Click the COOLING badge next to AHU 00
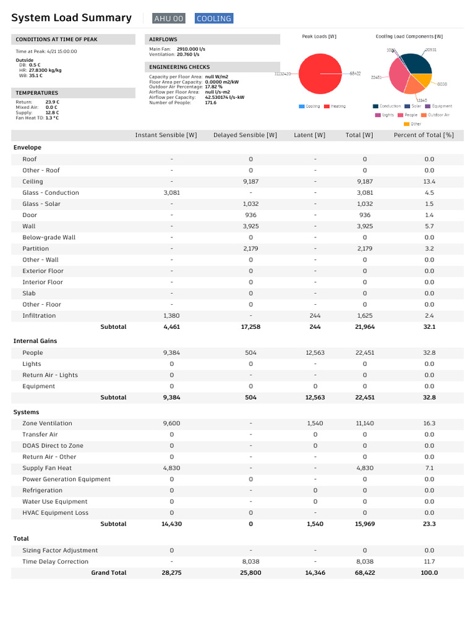pyautogui.click(x=214, y=19)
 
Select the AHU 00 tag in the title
pyautogui.click(x=169, y=19)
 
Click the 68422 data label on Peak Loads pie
pyautogui.click(x=355, y=74)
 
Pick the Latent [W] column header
pyautogui.click(x=309, y=135)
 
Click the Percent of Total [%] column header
pyautogui.click(x=424, y=135)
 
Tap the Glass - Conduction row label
pyautogui.click(x=51, y=193)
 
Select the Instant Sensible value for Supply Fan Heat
pyautogui.click(x=171, y=468)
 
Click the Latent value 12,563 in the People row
pyautogui.click(x=315, y=353)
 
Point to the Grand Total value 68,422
pyautogui.click(x=364, y=573)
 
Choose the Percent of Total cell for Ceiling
pyautogui.click(x=429, y=182)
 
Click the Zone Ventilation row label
pyautogui.click(x=47, y=423)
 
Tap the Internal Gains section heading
pyautogui.click(x=35, y=341)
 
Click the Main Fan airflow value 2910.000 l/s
pyautogui.click(x=191, y=48)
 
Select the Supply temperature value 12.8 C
pyautogui.click(x=52, y=113)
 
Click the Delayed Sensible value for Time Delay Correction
pyautogui.click(x=250, y=562)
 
